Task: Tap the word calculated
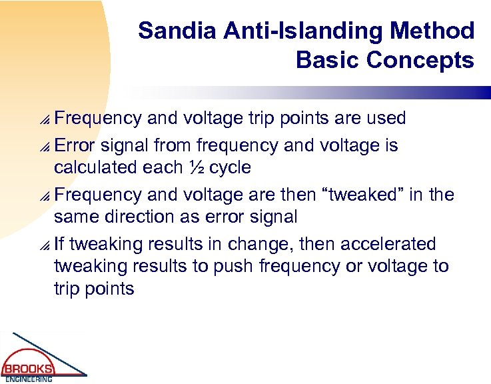coord(95,167)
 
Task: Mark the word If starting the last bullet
coord(60,244)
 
